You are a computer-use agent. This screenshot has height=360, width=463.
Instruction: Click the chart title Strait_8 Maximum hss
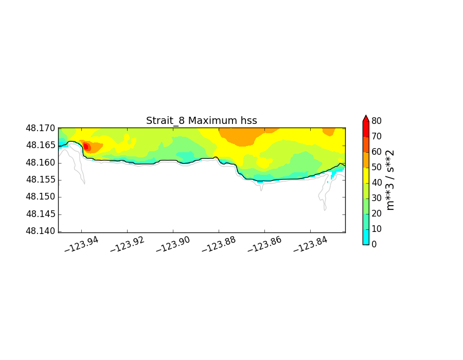point(201,121)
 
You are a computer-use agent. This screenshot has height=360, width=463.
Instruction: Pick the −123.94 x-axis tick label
point(81,245)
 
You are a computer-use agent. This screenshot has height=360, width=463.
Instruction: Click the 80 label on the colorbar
point(376,121)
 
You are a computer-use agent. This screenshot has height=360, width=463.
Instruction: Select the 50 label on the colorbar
point(376,167)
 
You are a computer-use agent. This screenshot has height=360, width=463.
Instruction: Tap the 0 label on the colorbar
point(373,244)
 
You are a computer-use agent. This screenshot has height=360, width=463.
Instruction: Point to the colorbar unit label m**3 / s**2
point(390,180)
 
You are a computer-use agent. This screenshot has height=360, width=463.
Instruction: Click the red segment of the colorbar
point(366,129)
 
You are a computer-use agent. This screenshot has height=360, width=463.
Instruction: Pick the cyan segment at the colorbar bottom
point(366,237)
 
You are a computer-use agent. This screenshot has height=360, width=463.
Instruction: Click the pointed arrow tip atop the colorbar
point(366,118)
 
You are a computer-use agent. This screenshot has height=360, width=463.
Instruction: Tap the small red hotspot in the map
point(86,147)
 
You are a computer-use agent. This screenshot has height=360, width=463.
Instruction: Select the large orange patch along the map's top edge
point(241,136)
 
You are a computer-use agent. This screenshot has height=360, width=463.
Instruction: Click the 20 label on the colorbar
point(376,213)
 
